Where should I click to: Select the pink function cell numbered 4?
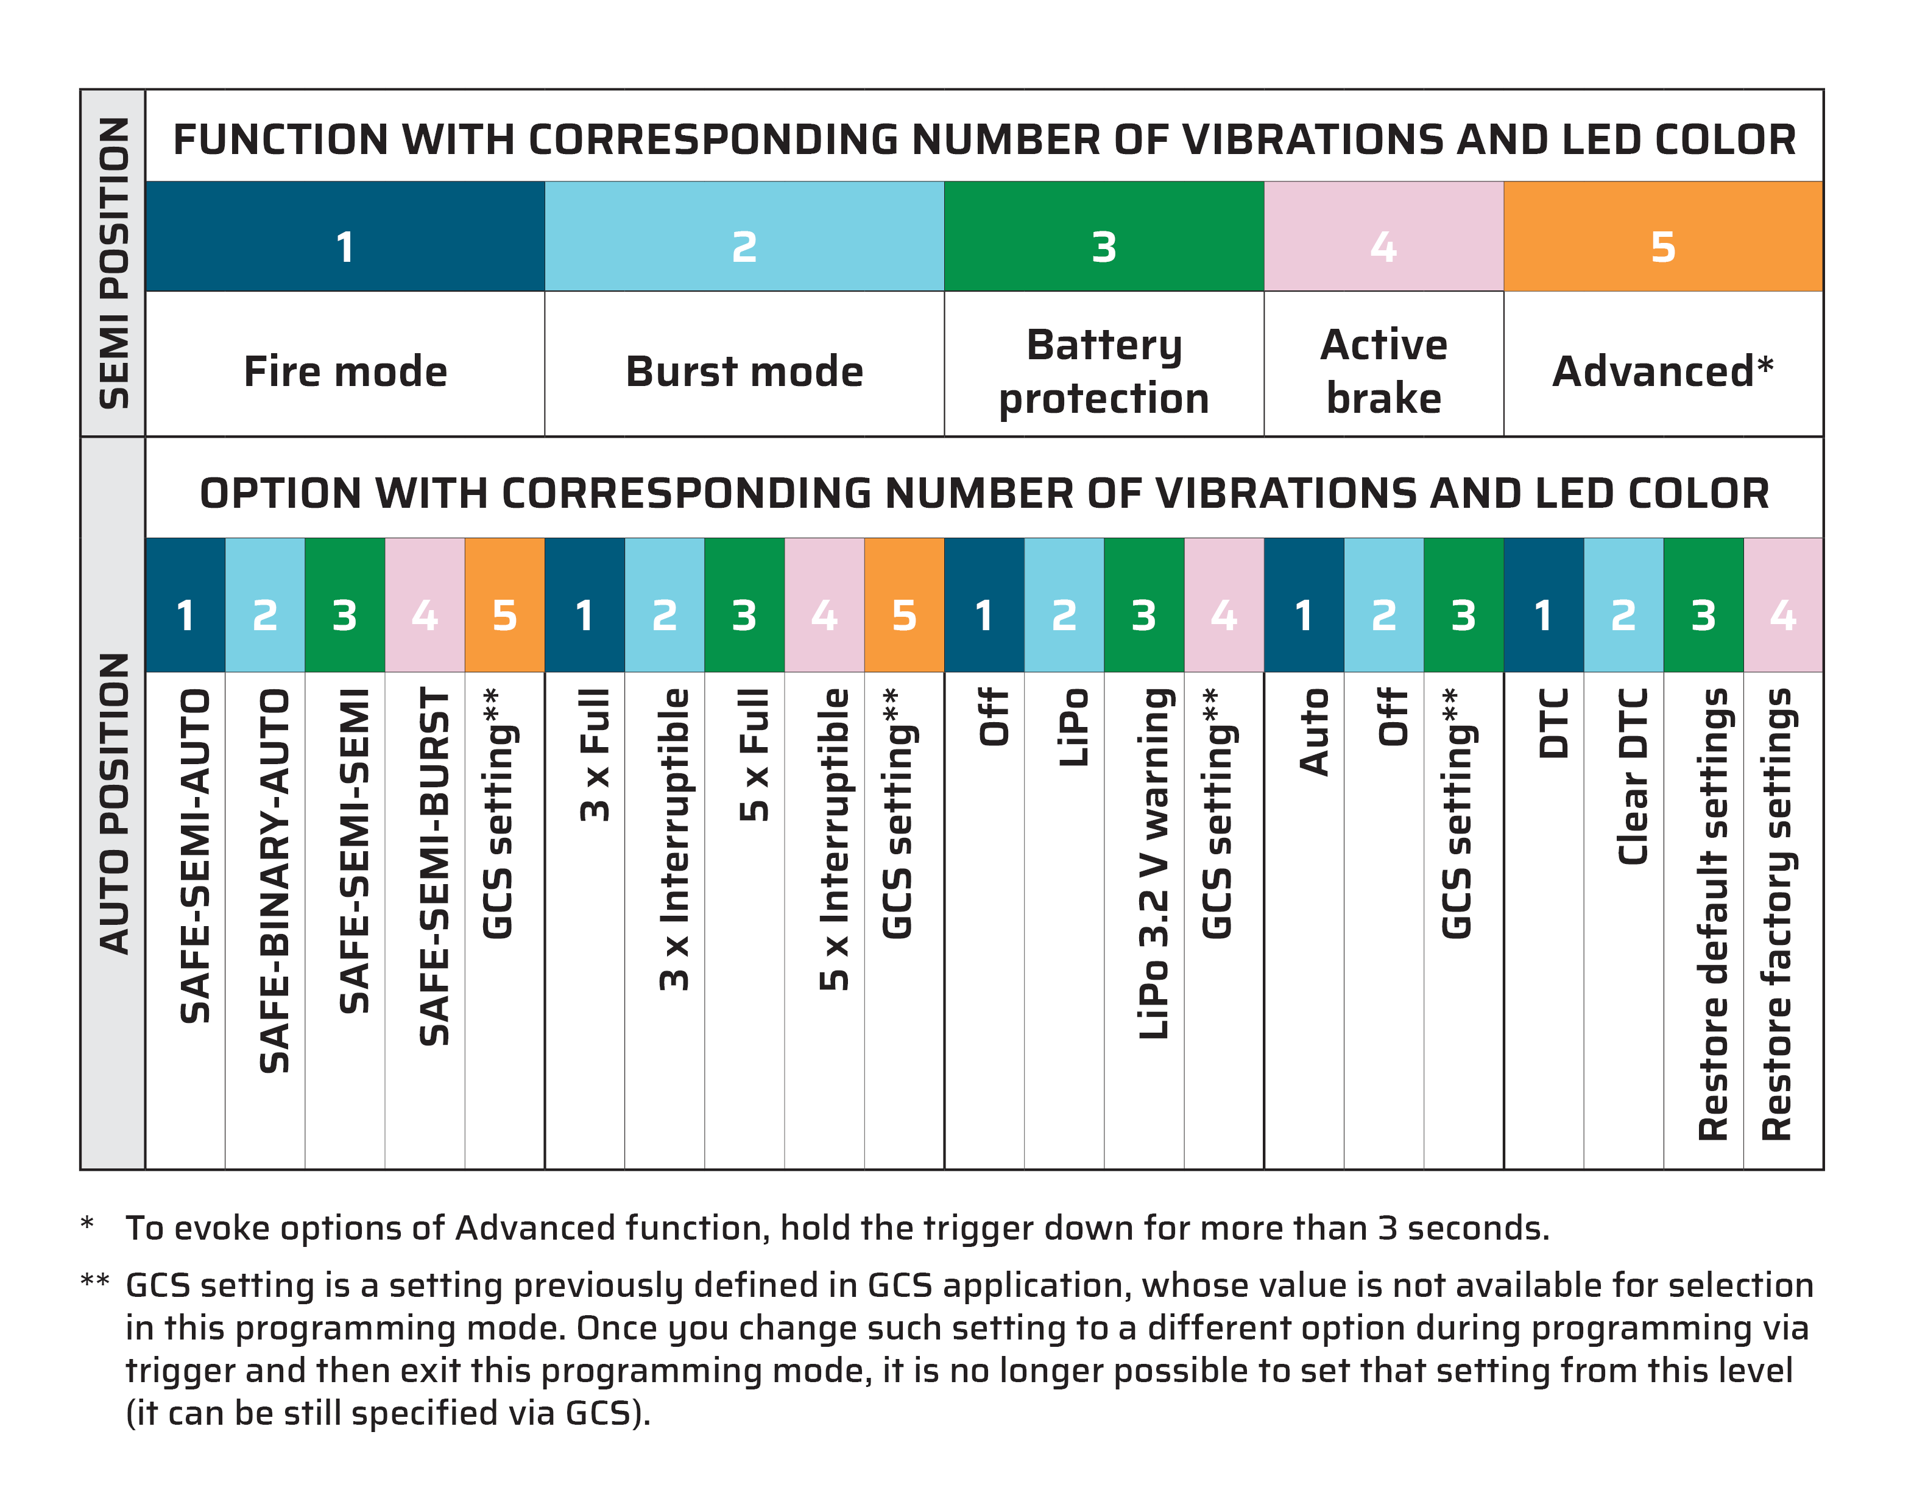pyautogui.click(x=1383, y=237)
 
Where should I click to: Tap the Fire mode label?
pyautogui.click(x=345, y=371)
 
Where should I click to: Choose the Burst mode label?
pyautogui.click(x=744, y=371)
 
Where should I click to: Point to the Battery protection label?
pyautogui.click(x=1104, y=371)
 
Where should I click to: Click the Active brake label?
pyautogui.click(x=1383, y=371)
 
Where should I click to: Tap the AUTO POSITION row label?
pyautogui.click(x=114, y=804)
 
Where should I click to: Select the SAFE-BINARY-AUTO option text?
pyautogui.click(x=274, y=880)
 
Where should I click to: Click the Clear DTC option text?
pyautogui.click(x=1633, y=776)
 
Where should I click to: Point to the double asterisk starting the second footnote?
pyautogui.click(x=94, y=1281)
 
